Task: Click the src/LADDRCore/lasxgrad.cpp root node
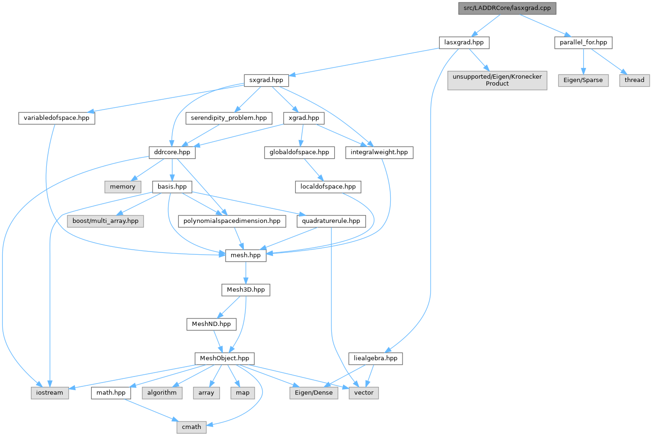point(507,8)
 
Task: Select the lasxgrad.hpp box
point(464,43)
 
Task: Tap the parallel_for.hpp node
point(583,43)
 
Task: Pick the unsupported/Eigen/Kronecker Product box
point(497,80)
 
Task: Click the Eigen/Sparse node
point(583,80)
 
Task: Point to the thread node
point(634,80)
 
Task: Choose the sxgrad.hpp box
point(266,80)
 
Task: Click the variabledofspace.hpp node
point(57,118)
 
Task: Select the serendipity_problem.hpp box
point(229,118)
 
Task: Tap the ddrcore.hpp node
point(172,152)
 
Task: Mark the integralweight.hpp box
point(379,152)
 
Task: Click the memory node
point(123,186)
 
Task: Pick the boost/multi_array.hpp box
point(105,221)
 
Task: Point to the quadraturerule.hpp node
point(331,221)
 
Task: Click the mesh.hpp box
point(246,255)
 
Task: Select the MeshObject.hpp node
point(225,358)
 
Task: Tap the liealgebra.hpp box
point(375,358)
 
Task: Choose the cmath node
point(191,427)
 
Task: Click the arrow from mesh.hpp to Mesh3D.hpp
point(246,273)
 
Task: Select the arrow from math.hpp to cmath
point(150,410)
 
